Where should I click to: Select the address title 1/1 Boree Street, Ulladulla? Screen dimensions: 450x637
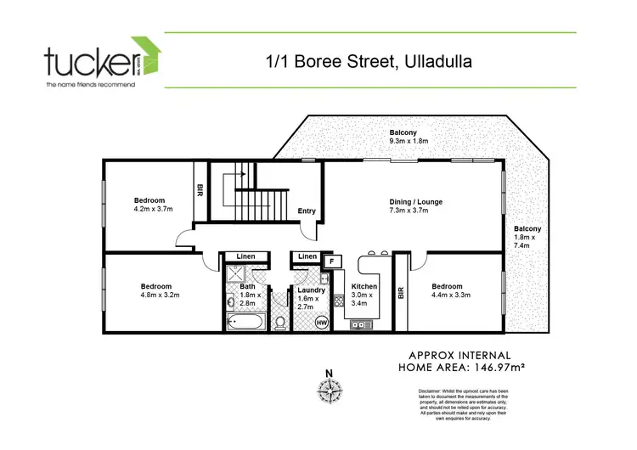(369, 61)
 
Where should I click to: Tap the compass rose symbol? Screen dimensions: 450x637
(329, 391)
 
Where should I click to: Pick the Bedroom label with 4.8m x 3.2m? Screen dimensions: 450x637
(160, 290)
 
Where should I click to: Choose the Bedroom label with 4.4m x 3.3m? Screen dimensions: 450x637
(451, 290)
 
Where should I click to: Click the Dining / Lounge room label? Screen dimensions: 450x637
(416, 206)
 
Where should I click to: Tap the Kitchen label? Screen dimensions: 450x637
(364, 291)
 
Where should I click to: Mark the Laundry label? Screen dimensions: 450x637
(309, 294)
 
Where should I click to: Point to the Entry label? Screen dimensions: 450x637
(307, 212)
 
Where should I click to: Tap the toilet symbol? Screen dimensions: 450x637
(279, 322)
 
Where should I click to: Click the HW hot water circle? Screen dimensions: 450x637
(322, 322)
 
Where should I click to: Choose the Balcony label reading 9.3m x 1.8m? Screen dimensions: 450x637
(409, 137)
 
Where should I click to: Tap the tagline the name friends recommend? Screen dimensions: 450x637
(90, 85)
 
